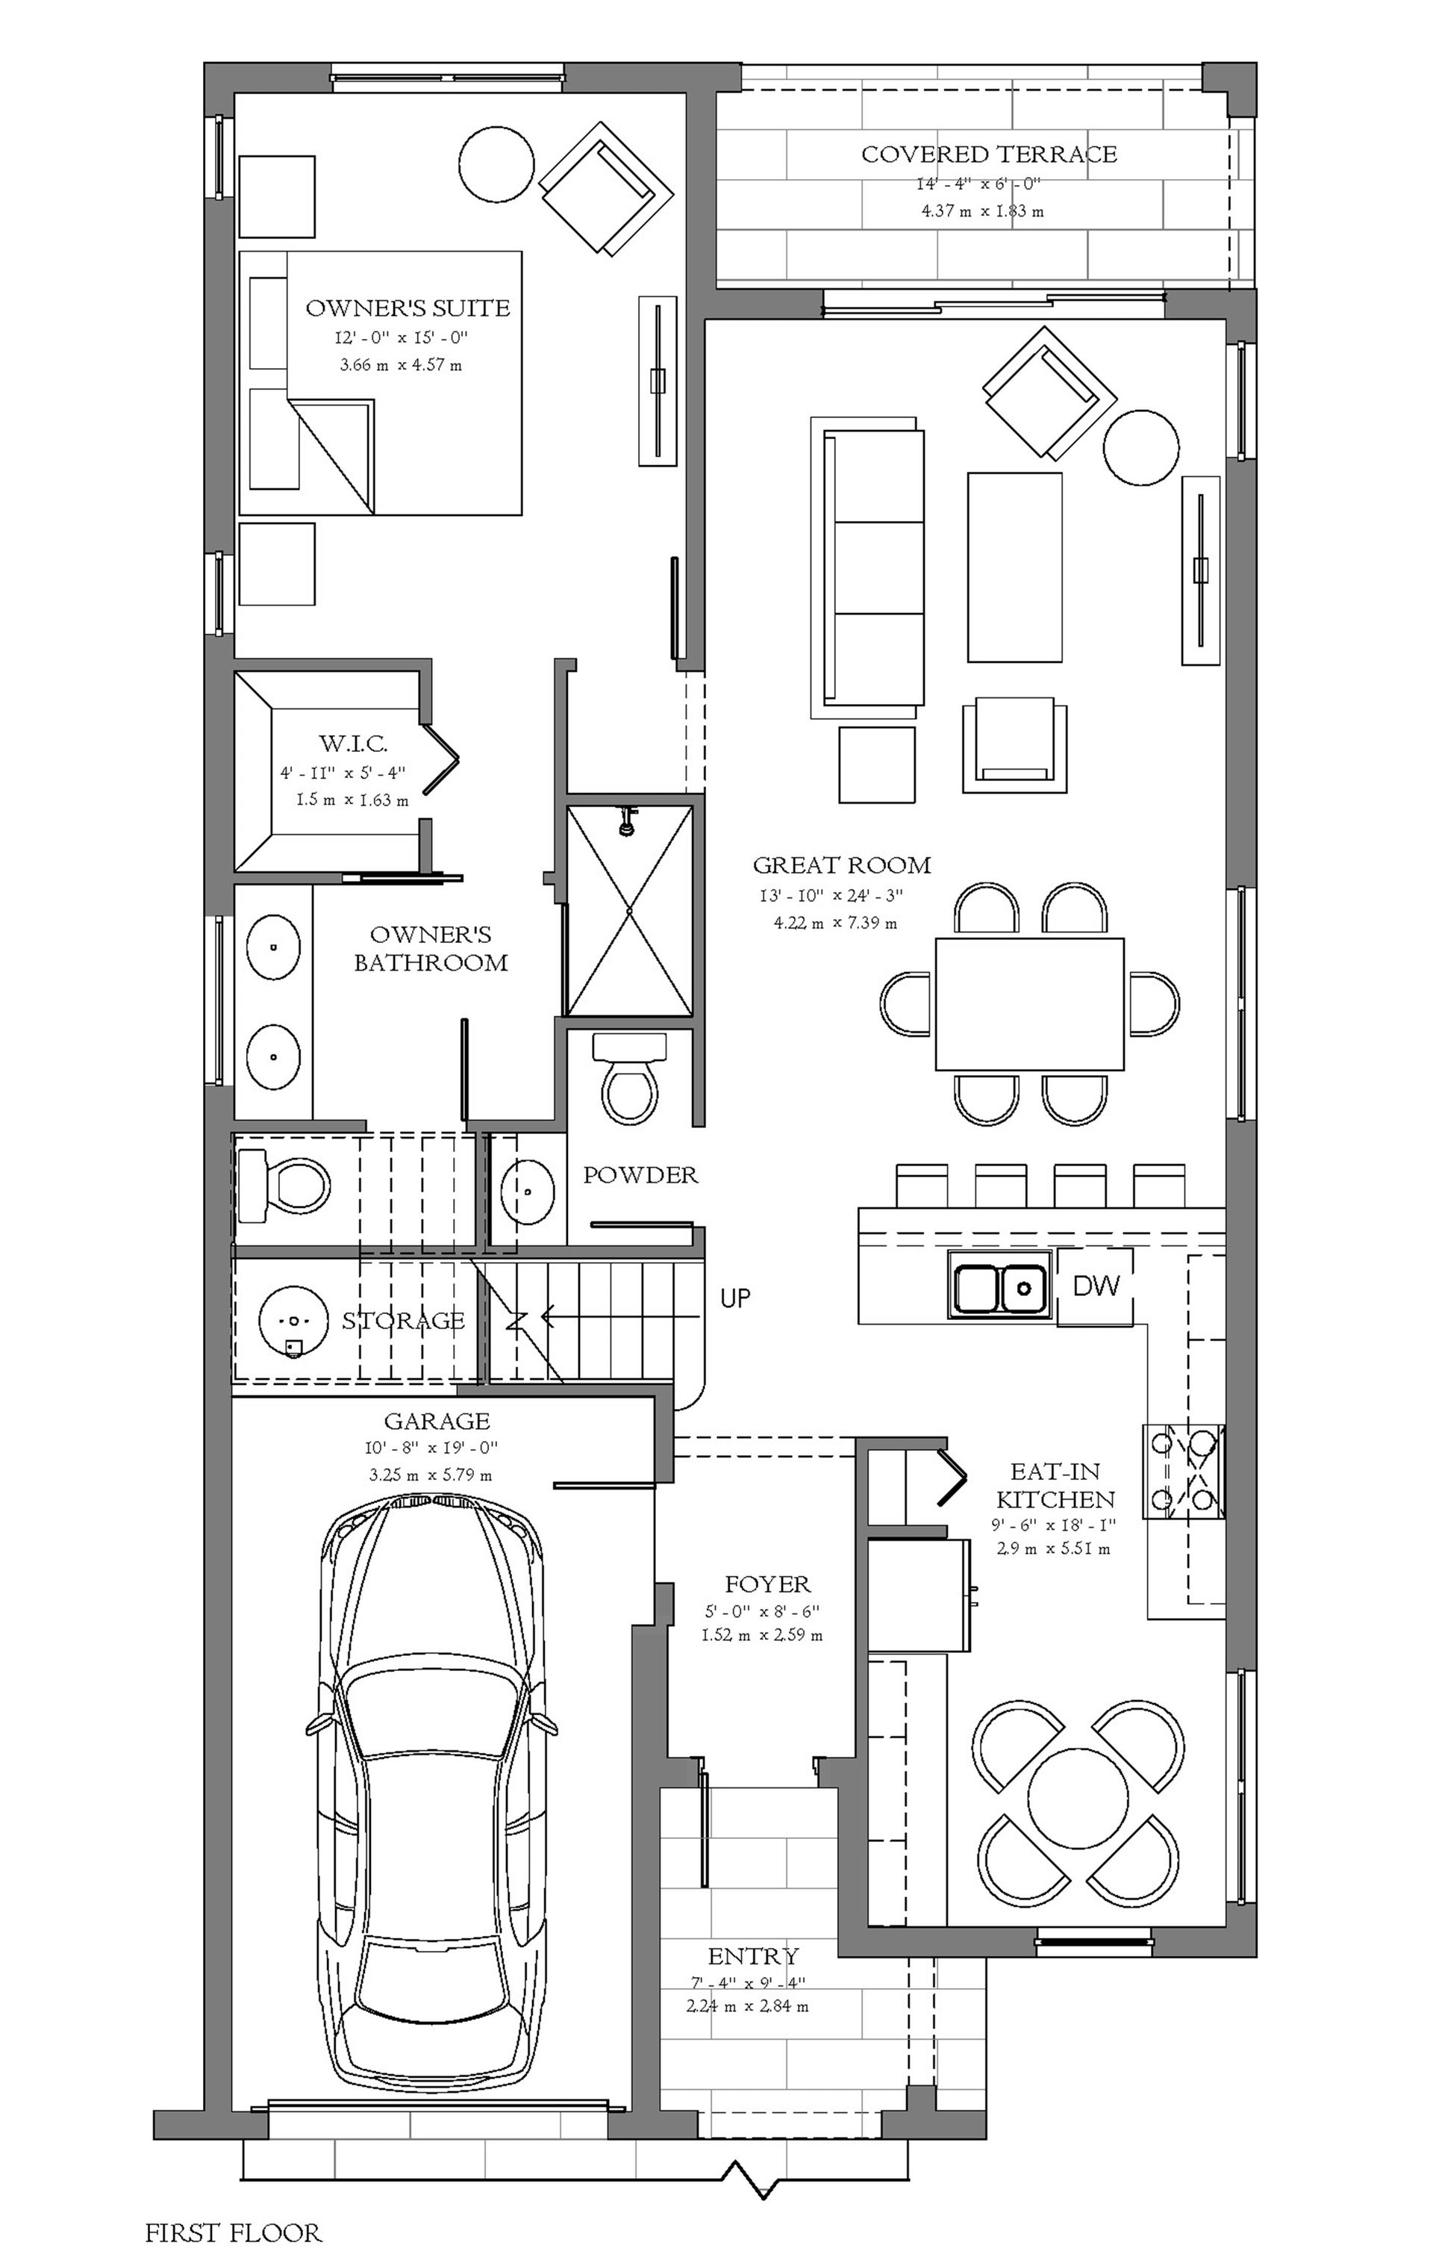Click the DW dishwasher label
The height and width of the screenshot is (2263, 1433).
tap(1096, 1285)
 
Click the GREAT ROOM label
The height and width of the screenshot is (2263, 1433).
tap(841, 865)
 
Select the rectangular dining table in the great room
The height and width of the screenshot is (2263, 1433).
tap(1029, 1003)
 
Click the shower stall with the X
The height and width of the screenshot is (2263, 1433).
tap(630, 911)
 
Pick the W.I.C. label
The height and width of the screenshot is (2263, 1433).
tap(353, 744)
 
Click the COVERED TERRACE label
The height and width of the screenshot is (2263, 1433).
tap(990, 154)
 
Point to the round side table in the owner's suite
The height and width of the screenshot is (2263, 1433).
tap(497, 163)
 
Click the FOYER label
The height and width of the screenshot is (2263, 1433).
tap(768, 1584)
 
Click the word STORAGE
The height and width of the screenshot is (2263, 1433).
tap(403, 1321)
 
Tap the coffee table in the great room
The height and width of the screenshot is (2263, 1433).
tap(1015, 567)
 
